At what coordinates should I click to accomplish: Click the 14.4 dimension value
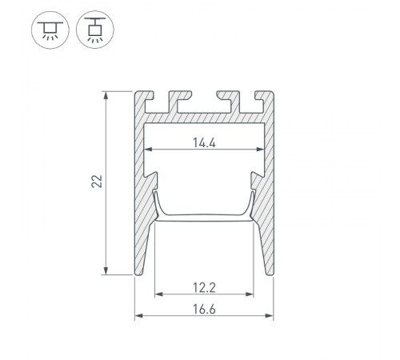click(x=202, y=143)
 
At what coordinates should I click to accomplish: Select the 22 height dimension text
click(x=97, y=182)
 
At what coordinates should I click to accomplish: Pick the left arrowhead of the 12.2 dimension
click(x=158, y=294)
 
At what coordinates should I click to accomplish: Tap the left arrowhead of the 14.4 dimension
click(x=146, y=150)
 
